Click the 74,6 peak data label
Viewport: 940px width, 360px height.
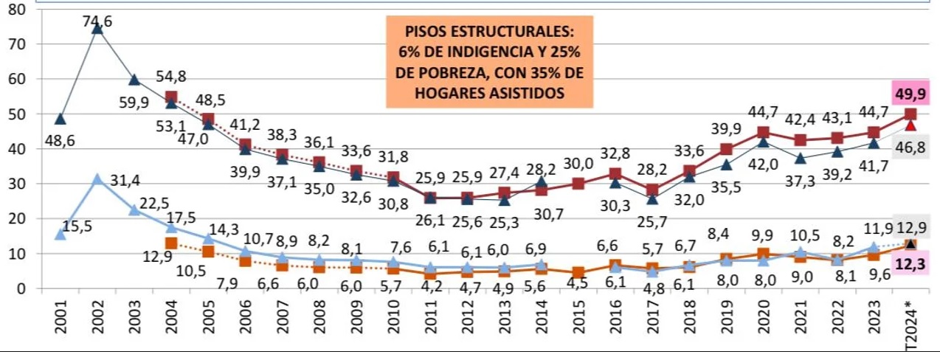[x=97, y=22]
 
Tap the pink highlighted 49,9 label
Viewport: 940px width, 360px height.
[x=909, y=94]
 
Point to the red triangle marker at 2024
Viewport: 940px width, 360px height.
[x=910, y=125]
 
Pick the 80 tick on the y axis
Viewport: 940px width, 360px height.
[x=15, y=10]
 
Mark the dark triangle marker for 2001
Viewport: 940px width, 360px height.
[x=61, y=119]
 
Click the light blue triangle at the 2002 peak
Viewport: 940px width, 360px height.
[x=97, y=179]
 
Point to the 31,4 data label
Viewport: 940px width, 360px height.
[x=125, y=180]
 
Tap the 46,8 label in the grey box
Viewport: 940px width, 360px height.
[x=910, y=148]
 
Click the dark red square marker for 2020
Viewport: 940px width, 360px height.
[x=763, y=133]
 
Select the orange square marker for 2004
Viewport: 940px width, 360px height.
[x=171, y=243]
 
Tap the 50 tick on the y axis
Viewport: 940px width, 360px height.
[x=15, y=114]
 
